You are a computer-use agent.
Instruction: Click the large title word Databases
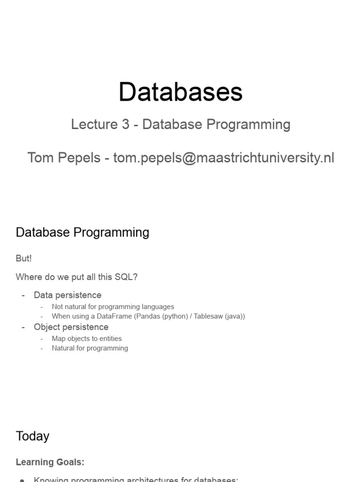(x=181, y=92)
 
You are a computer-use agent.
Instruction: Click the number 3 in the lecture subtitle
(x=124, y=124)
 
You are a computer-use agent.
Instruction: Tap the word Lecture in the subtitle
(x=93, y=124)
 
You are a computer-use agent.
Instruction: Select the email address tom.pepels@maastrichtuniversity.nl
(x=224, y=158)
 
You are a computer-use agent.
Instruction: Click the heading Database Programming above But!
(x=82, y=233)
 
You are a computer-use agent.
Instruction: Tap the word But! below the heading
(x=24, y=258)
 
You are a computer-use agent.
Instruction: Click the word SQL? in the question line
(x=126, y=277)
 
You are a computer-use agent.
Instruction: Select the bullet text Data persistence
(x=67, y=295)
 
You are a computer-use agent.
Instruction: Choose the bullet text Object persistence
(x=71, y=327)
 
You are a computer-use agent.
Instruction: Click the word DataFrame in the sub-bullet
(x=114, y=316)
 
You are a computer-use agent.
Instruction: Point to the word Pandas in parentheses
(x=149, y=316)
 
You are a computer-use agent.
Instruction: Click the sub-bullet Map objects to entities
(x=87, y=338)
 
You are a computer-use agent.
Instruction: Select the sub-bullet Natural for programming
(x=90, y=348)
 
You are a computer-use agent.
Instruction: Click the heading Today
(x=33, y=436)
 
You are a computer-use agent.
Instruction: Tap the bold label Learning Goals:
(x=50, y=462)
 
